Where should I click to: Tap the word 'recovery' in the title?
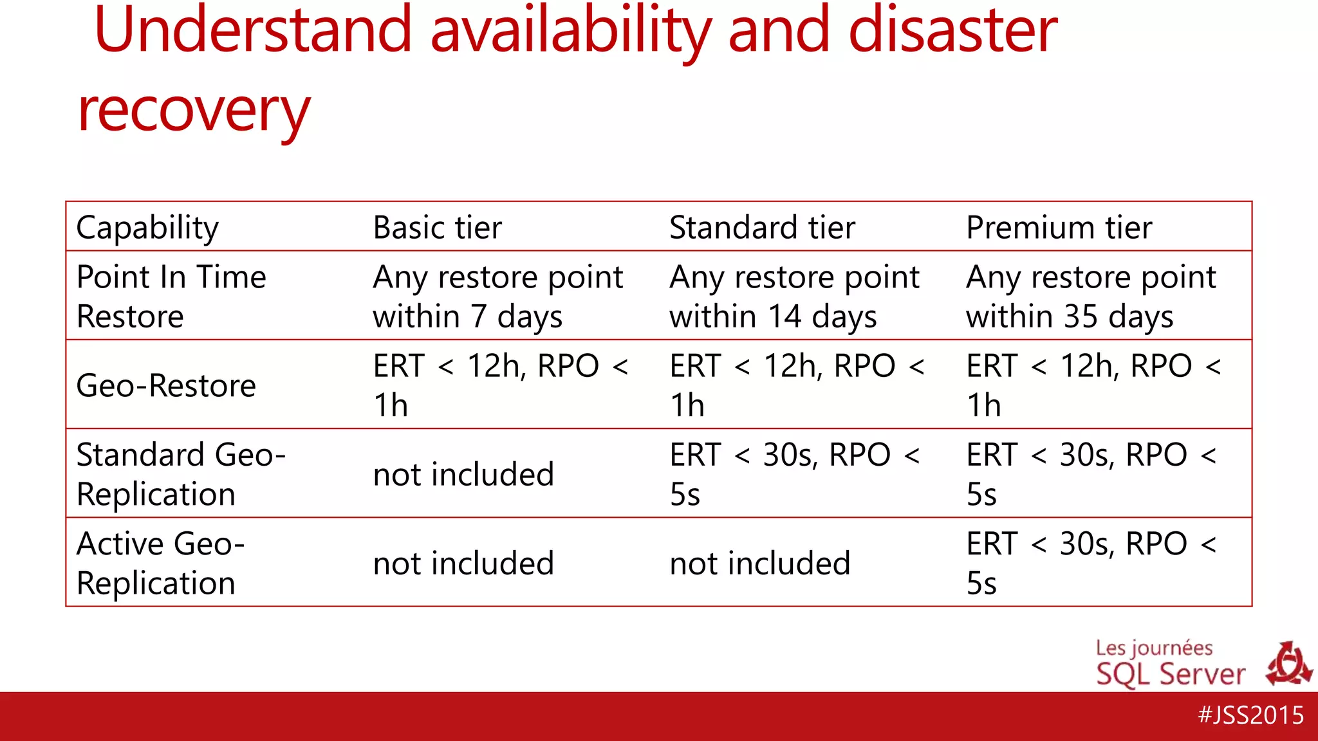point(194,111)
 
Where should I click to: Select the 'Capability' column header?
point(147,228)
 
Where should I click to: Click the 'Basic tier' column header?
point(437,228)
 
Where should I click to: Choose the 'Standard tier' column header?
point(762,228)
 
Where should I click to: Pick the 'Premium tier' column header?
point(1059,228)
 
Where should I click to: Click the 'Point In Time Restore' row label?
point(171,297)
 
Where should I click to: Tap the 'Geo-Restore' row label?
point(166,386)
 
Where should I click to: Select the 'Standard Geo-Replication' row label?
point(181,474)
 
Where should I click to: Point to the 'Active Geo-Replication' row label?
point(160,563)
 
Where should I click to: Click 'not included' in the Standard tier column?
point(760,563)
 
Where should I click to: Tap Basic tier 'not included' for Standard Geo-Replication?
point(463,475)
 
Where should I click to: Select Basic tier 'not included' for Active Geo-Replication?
point(463,563)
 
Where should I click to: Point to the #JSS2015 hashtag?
point(1250,715)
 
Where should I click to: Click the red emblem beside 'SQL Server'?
point(1288,664)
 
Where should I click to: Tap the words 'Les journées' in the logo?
point(1154,648)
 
